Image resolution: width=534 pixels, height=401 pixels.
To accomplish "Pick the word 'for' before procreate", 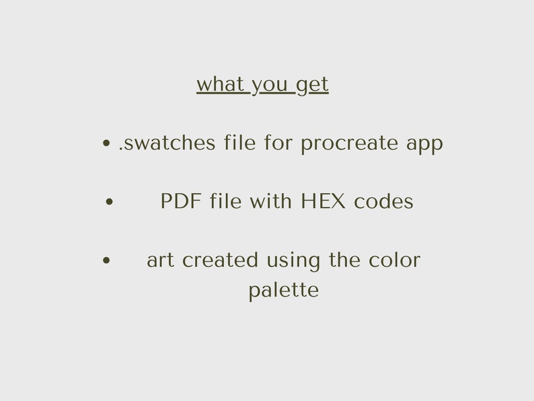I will pyautogui.click(x=278, y=143).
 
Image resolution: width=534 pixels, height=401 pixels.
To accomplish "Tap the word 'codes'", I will pyautogui.click(x=383, y=201).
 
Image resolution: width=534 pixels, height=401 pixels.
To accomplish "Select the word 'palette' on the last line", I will pyautogui.click(x=283, y=291).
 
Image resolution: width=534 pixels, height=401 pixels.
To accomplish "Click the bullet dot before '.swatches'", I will pyautogui.click(x=106, y=143).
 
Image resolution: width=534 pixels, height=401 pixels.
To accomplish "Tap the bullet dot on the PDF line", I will pyautogui.click(x=110, y=201).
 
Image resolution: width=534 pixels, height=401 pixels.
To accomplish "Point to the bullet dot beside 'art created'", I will pyautogui.click(x=106, y=260).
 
